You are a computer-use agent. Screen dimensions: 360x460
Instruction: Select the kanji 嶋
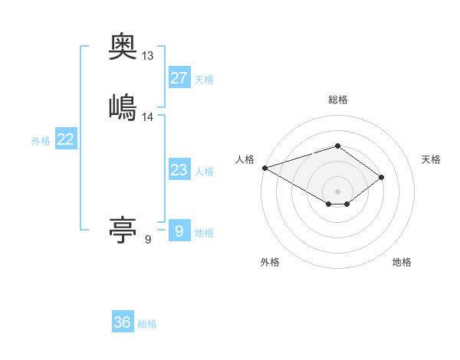pos(123,106)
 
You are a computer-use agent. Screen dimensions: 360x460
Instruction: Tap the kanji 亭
pos(123,229)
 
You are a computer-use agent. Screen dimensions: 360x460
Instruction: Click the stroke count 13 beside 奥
pos(148,56)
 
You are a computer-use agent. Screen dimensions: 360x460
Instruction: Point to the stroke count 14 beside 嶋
pos(148,117)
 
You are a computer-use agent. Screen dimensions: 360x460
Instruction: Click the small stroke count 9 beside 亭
pos(148,240)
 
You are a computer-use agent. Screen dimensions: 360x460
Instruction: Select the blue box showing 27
pos(179,77)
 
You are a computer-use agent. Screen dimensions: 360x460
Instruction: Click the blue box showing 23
pos(179,169)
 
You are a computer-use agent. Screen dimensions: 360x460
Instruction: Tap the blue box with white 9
pos(179,231)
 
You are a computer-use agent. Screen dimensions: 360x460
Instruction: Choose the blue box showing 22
pos(66,139)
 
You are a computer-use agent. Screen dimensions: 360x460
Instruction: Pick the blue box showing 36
pos(123,322)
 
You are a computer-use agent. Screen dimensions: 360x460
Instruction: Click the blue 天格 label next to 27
pos(204,80)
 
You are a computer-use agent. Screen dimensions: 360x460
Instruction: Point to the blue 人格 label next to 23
pos(204,172)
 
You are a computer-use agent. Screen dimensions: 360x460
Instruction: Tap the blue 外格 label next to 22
pos(41,141)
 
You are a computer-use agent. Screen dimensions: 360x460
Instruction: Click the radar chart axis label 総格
pos(338,100)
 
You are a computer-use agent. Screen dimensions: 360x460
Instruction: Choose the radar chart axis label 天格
pos(432,159)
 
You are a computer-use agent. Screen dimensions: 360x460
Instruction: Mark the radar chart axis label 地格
pos(402,262)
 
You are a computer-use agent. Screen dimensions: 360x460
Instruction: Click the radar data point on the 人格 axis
pos(264,168)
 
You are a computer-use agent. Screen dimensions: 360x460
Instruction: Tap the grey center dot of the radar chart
pos(338,191)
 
